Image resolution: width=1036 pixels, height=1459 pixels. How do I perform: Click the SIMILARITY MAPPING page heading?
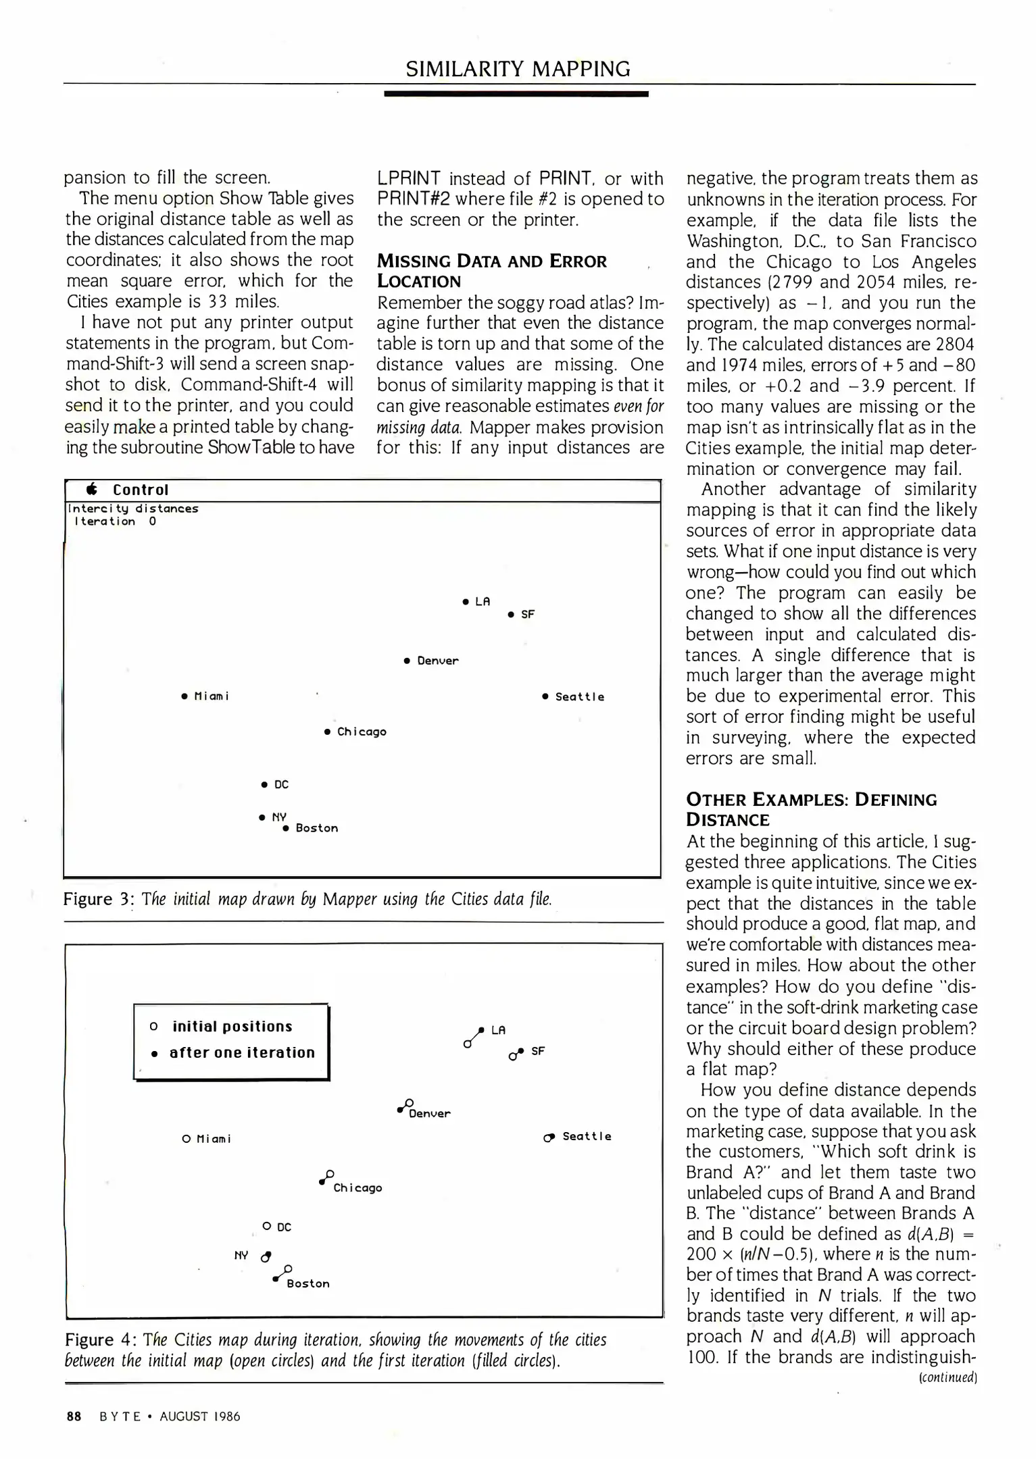click(518, 69)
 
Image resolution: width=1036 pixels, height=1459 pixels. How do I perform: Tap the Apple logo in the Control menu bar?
click(93, 490)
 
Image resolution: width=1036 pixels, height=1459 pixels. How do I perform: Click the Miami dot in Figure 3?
click(184, 696)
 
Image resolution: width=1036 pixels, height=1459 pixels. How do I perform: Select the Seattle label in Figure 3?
click(580, 697)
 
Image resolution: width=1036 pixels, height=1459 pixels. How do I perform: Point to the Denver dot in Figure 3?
click(407, 661)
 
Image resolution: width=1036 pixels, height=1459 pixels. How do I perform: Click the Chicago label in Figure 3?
click(362, 732)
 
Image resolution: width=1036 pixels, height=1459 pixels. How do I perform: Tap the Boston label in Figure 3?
click(317, 829)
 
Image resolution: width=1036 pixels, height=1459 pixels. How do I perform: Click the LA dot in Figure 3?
click(466, 601)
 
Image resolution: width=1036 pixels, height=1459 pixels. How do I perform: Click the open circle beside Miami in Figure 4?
click(187, 1139)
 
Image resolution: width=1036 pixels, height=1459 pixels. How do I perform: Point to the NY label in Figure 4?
click(241, 1256)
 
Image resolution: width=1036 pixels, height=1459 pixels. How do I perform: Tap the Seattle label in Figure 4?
click(587, 1137)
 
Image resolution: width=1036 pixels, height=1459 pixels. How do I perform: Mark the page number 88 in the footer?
click(74, 1416)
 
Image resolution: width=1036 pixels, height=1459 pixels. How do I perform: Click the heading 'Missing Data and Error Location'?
click(491, 271)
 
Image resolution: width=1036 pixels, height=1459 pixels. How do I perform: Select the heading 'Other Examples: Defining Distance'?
click(811, 809)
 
